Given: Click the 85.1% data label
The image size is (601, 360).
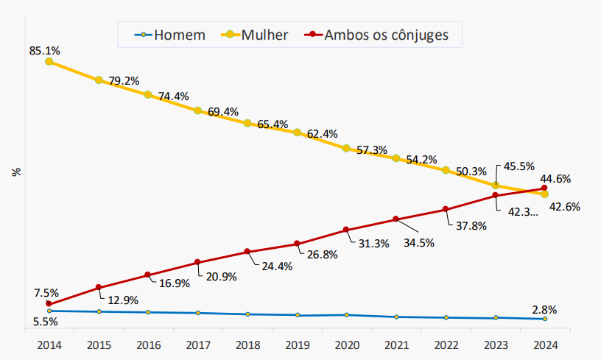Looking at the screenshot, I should [44, 51].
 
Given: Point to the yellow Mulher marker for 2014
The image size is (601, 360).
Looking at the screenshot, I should [49, 62].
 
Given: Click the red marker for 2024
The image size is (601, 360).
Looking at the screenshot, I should [544, 188].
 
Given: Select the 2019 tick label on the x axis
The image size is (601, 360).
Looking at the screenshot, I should [297, 345].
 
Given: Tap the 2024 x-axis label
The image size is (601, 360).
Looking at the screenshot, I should [544, 345].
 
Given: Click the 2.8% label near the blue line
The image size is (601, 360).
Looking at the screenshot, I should [544, 309].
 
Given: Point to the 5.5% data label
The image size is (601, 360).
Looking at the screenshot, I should [46, 322].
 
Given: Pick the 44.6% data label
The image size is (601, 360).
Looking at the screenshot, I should [556, 178].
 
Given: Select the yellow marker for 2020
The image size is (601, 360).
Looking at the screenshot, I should [346, 148].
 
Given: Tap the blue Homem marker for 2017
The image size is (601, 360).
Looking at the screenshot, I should [197, 313].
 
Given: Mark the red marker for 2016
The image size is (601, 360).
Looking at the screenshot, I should [148, 275].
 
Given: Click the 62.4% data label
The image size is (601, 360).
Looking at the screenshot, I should [323, 134].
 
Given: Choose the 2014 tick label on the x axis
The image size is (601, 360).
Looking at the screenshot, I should [49, 345].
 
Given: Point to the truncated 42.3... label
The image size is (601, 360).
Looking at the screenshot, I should [523, 212].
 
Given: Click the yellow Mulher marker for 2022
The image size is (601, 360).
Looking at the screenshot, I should [446, 170].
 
